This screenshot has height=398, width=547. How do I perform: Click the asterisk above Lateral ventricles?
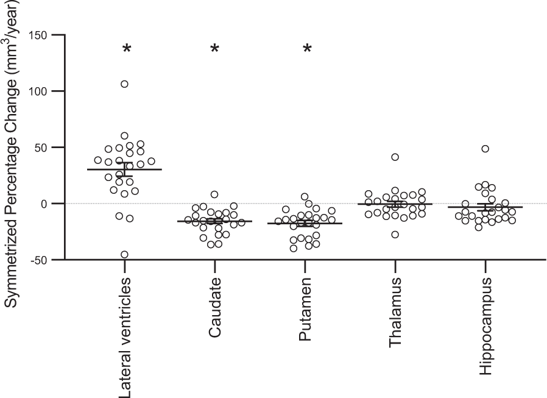click(x=127, y=49)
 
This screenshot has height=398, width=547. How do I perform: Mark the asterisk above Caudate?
click(x=214, y=49)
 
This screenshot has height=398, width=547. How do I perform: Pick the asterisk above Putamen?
click(x=308, y=49)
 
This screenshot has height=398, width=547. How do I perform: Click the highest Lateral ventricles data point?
click(x=124, y=84)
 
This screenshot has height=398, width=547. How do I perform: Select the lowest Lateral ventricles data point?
click(x=124, y=255)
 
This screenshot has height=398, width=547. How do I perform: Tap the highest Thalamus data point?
click(x=395, y=157)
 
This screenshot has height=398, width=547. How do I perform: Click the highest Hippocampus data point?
click(x=485, y=149)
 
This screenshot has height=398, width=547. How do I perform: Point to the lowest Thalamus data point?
click(x=395, y=235)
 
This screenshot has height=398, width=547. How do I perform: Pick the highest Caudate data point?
click(x=214, y=194)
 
